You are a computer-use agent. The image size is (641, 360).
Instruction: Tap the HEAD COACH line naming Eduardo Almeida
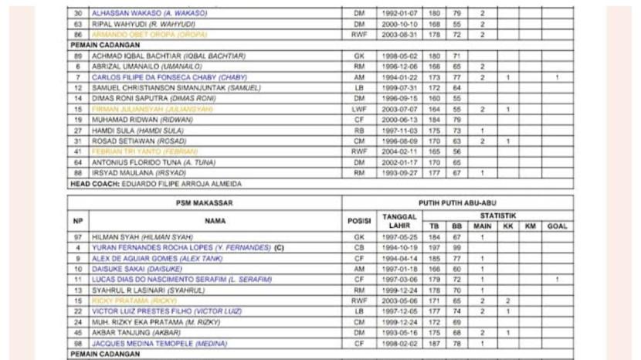(x=155, y=185)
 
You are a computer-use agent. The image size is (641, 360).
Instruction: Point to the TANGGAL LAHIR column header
(x=399, y=220)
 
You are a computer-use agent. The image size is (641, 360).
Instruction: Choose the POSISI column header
(x=359, y=220)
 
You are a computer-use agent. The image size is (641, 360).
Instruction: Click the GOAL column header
(x=556, y=226)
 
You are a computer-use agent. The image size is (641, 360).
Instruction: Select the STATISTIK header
(x=497, y=215)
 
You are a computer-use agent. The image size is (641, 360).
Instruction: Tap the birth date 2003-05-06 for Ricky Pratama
(x=398, y=300)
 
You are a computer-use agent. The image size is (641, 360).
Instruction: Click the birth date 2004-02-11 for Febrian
(x=398, y=152)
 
